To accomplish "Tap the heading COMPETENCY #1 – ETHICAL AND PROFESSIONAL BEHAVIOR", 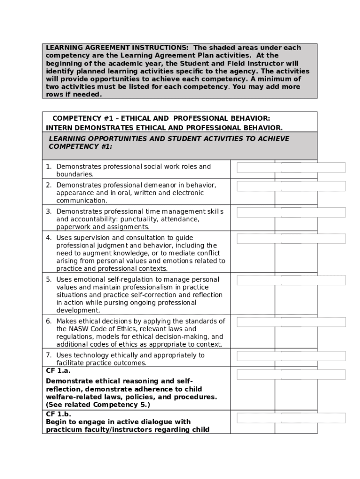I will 161,119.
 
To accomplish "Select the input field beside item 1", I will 291,167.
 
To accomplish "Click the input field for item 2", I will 291,186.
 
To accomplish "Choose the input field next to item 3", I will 291,212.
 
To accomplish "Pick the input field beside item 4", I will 291,239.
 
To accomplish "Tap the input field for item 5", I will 291,280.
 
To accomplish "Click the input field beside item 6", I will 291,322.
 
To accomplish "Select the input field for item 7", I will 291,356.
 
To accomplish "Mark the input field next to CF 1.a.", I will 291,374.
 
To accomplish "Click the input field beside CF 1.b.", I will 291,418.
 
